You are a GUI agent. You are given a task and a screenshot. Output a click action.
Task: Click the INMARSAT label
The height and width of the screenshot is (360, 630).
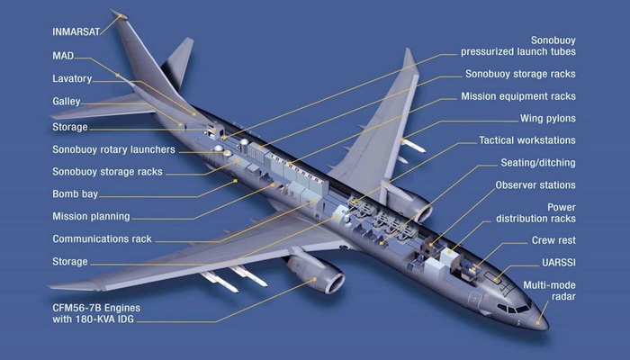pyautogui.click(x=76, y=32)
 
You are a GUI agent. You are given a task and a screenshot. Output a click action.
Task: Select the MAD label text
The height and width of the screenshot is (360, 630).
pyautogui.click(x=63, y=56)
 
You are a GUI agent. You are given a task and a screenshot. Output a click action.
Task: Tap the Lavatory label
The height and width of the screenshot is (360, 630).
pyautogui.click(x=72, y=79)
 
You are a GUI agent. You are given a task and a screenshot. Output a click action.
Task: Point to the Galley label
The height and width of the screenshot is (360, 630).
pyautogui.click(x=67, y=101)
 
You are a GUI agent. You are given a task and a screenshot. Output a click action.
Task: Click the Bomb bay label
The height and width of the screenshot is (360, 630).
pyautogui.click(x=75, y=194)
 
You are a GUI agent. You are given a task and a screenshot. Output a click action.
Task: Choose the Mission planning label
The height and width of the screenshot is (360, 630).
pyautogui.click(x=91, y=216)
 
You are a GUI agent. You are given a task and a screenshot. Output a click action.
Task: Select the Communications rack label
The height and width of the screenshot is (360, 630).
pyautogui.click(x=102, y=239)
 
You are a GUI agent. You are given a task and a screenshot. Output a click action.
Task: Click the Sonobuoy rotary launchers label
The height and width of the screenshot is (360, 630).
pyautogui.click(x=113, y=149)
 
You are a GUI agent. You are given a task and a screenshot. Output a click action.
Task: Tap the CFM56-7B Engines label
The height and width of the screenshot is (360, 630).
pyautogui.click(x=96, y=308)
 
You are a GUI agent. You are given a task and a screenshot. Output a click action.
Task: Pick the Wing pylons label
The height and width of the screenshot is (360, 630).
pyautogui.click(x=547, y=118)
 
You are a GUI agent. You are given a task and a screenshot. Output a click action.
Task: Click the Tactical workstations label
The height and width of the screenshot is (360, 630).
pyautogui.click(x=527, y=140)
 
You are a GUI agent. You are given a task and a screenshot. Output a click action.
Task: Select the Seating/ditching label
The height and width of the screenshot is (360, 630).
pyautogui.click(x=538, y=163)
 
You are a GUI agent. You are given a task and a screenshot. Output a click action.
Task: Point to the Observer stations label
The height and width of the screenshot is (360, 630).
pyautogui.click(x=535, y=184)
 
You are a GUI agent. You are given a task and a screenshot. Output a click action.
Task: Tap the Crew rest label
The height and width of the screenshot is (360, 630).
pyautogui.click(x=553, y=240)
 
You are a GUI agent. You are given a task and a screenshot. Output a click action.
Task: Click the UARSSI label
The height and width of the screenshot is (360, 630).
pyautogui.click(x=559, y=263)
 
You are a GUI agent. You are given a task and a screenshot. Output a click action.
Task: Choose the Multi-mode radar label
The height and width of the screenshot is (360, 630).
pyautogui.click(x=549, y=291)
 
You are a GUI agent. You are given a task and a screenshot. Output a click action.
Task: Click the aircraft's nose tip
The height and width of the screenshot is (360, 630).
pyautogui.click(x=547, y=325)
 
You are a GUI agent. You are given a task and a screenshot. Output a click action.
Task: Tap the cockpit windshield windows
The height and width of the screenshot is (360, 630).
pyautogui.click(x=514, y=309)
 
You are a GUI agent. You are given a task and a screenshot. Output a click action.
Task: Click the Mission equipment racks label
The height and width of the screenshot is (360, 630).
pyautogui.click(x=518, y=96)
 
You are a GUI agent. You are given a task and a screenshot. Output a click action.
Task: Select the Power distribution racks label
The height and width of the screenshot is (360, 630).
pyautogui.click(x=535, y=213)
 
